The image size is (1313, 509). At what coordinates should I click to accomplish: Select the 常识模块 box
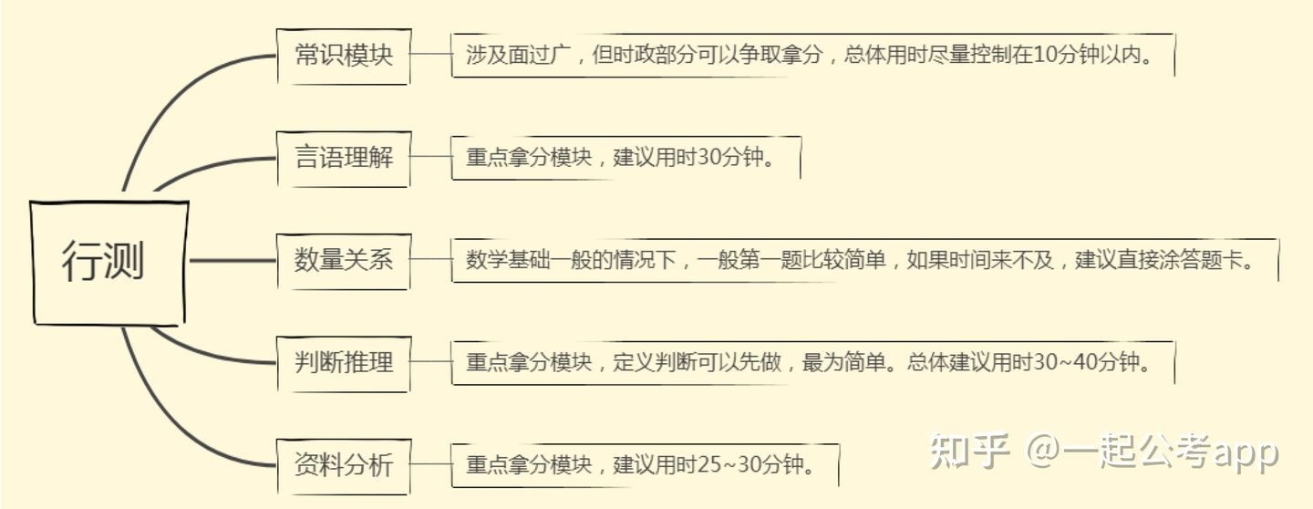344,56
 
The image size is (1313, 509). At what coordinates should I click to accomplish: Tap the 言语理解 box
344,158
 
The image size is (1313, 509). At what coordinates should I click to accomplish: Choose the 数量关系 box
344,261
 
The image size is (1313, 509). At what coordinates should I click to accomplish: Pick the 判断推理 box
344,363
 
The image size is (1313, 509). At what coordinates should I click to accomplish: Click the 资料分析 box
344,465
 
